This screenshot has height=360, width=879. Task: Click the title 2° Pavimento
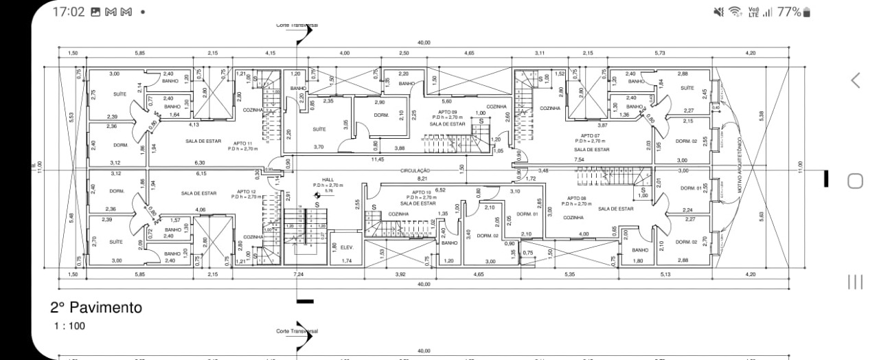96,308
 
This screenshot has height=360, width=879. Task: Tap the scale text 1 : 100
69,326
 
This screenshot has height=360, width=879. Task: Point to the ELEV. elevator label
347,247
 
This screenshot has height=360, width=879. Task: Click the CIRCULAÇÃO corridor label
416,170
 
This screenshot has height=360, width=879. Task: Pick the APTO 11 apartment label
244,143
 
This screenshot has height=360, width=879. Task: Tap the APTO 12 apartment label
247,192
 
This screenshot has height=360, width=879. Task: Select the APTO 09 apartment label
447,111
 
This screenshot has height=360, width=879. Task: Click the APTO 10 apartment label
422,192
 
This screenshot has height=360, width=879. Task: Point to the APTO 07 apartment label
591,136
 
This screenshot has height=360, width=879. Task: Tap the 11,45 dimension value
377,159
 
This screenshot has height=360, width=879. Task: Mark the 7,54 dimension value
579,159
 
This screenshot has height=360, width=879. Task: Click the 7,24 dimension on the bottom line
299,274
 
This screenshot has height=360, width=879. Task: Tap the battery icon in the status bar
807,12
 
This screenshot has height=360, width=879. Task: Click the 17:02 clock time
68,12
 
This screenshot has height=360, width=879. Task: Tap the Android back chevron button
855,80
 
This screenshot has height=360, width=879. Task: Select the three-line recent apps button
855,282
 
